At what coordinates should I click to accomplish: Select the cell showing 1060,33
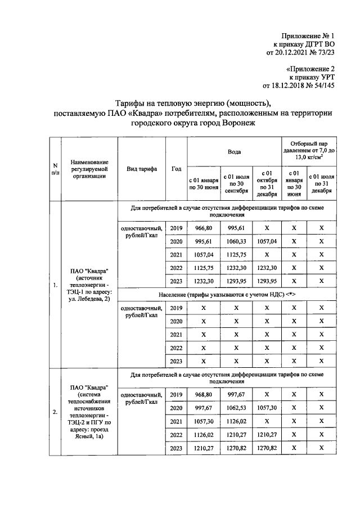pos(236,241)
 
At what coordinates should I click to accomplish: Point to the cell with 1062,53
pos(236,407)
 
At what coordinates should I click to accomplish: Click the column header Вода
pos(234,152)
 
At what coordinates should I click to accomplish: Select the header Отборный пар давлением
pos(308,151)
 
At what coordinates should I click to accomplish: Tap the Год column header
pos(176,169)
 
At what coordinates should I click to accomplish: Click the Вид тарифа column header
pos(141,169)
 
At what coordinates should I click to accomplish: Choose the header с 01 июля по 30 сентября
pos(236,183)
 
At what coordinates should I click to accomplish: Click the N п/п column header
pos(55,169)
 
